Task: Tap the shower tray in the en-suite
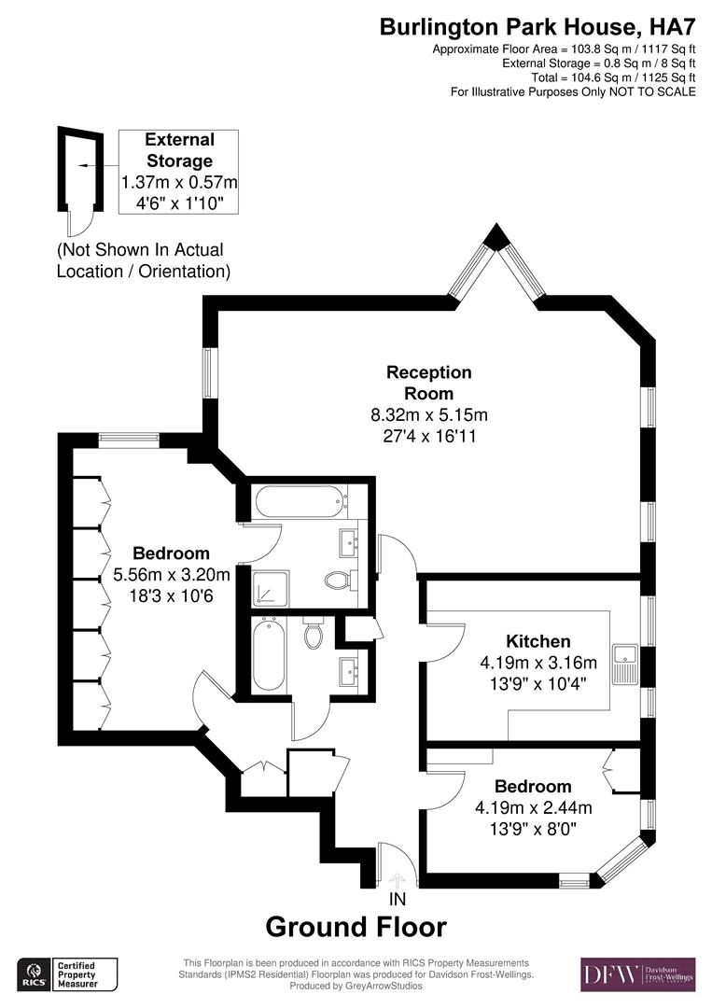pyautogui.click(x=271, y=588)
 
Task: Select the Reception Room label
pyautogui.click(x=429, y=383)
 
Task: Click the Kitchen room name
pyautogui.click(x=537, y=641)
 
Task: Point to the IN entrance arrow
pyautogui.click(x=398, y=880)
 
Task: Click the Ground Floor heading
pyautogui.click(x=356, y=927)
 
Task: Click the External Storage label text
pyautogui.click(x=179, y=150)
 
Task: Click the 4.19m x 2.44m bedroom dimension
pyautogui.click(x=533, y=807)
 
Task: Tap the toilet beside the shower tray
pyautogui.click(x=338, y=581)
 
